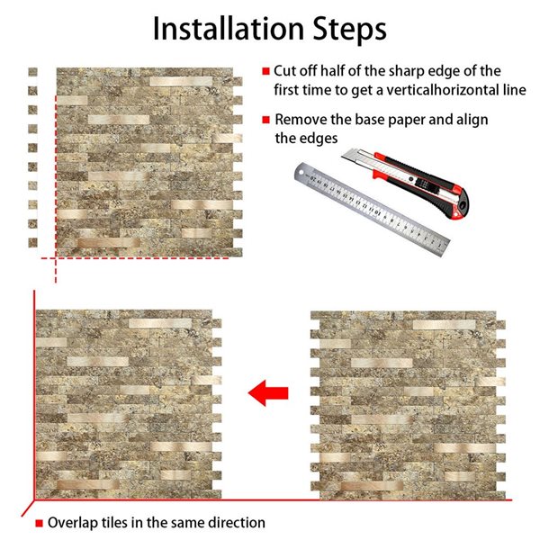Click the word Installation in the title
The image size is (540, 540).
(x=228, y=29)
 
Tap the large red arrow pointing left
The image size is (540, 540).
(x=268, y=393)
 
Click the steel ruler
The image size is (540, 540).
(x=372, y=209)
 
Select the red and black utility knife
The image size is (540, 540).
(x=407, y=183)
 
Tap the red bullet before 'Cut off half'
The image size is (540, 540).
(x=265, y=71)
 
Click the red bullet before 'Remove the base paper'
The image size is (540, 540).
(x=265, y=120)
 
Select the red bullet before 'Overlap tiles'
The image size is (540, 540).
(x=40, y=523)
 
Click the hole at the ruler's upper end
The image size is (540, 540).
(x=301, y=171)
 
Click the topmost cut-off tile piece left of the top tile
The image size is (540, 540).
(x=32, y=72)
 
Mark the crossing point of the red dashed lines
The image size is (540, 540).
(x=56, y=258)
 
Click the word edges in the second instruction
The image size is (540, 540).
(x=319, y=139)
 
